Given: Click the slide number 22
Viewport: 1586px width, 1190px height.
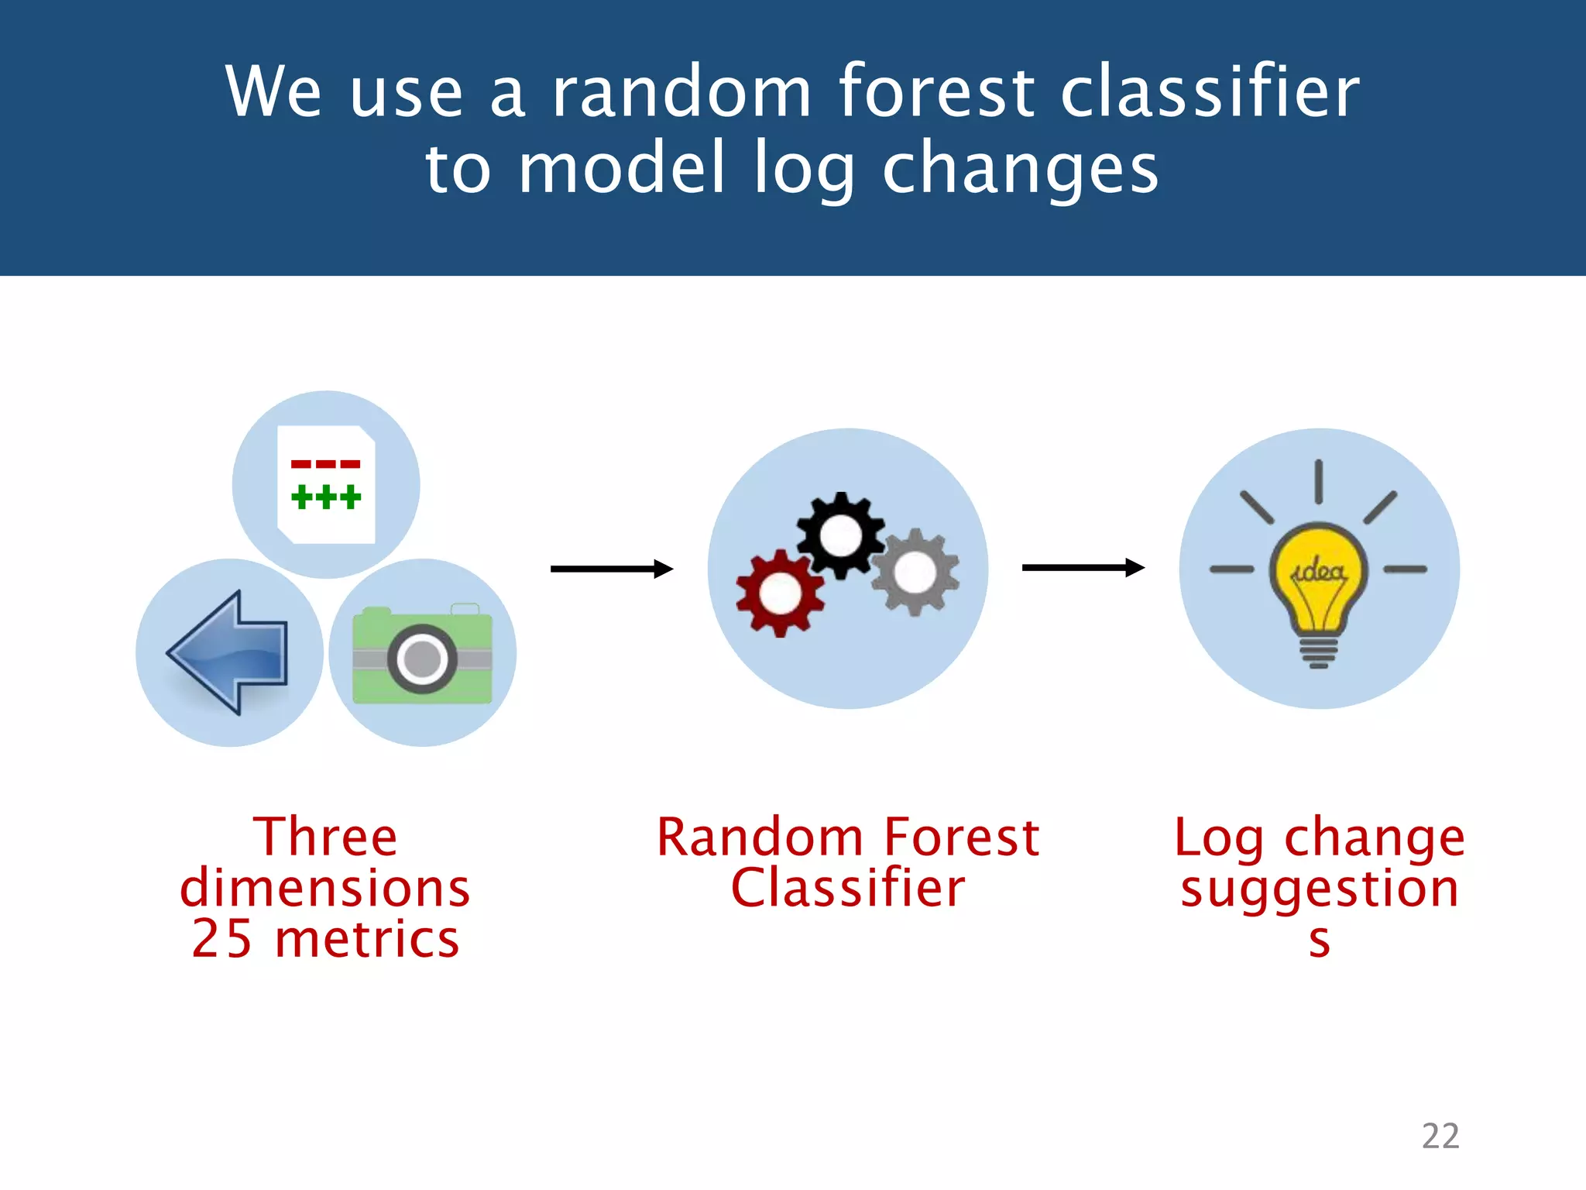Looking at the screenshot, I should pyautogui.click(x=1440, y=1136).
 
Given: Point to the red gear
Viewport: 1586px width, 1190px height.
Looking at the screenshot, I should pyautogui.click(x=780, y=593).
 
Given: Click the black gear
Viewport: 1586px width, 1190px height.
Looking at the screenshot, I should pyautogui.click(x=840, y=535).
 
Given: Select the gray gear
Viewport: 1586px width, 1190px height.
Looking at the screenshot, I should pyautogui.click(x=915, y=573).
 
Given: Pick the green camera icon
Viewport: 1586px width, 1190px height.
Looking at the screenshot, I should pyautogui.click(x=422, y=655).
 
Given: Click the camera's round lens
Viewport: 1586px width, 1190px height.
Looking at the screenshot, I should pyautogui.click(x=422, y=659).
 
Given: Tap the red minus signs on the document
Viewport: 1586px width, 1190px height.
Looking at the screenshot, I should pyautogui.click(x=325, y=464).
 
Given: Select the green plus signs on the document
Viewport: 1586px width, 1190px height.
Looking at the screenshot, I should pyautogui.click(x=325, y=497).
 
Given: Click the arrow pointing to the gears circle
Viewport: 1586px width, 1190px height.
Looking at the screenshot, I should pyautogui.click(x=611, y=569).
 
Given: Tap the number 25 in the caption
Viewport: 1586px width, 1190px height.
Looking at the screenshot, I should pyautogui.click(x=222, y=939).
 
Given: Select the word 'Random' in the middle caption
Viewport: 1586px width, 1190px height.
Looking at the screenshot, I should pyautogui.click(x=760, y=837).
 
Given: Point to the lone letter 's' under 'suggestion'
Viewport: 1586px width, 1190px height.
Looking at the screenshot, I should pyautogui.click(x=1319, y=941).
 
